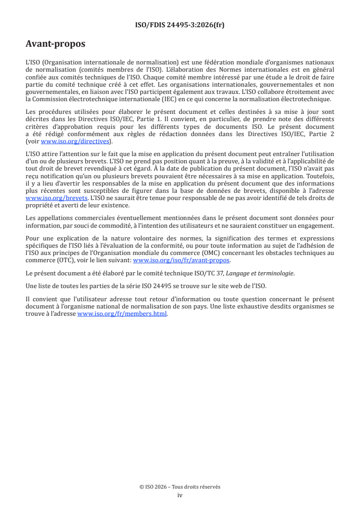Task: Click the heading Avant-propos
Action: point(55,44)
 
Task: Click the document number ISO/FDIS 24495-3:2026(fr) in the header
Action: point(180,25)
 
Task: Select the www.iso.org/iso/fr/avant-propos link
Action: point(182,260)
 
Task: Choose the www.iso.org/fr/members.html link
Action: point(122,313)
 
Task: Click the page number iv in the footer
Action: point(180,495)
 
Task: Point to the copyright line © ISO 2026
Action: point(180,487)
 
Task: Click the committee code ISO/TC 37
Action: point(212,274)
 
